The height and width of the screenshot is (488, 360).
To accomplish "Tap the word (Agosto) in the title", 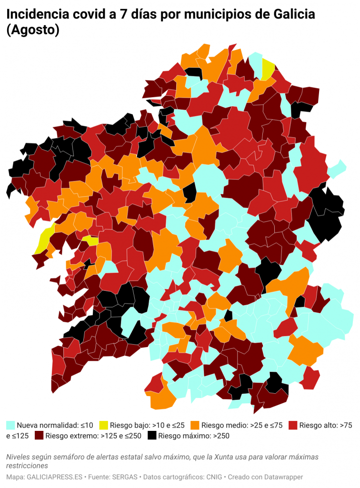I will click(33, 30).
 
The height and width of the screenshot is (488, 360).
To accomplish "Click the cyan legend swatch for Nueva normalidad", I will click(10, 425).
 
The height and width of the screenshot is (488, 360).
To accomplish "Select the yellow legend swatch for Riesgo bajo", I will click(103, 425).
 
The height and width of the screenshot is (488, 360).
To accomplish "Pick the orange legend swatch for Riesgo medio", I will click(194, 425).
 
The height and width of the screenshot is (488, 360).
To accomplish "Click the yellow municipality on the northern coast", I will click(268, 70).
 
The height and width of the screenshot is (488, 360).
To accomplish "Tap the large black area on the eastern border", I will click(327, 214).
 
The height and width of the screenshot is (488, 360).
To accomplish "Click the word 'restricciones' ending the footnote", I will click(27, 465).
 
